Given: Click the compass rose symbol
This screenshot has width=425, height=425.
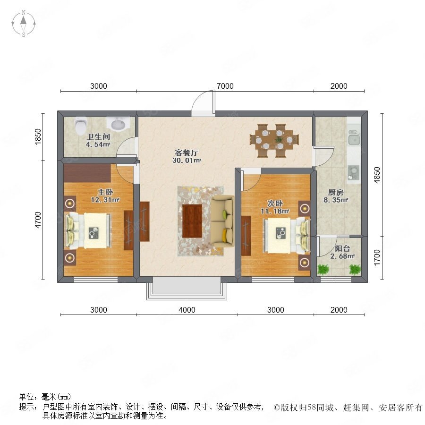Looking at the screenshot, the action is coord(24,23).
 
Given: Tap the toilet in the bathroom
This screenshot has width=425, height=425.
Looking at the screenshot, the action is coord(81,126).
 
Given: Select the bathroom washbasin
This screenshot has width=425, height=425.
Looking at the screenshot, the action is coord(117,124).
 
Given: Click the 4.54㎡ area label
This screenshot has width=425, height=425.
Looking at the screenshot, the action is coord(98,144).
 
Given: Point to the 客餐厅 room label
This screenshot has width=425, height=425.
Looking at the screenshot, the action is coord(187,153).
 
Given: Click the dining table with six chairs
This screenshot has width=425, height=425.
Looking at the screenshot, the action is coord(274,140).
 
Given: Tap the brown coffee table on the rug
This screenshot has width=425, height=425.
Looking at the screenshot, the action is coord(192,221).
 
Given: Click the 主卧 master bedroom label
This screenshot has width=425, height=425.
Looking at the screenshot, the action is coord(105,192).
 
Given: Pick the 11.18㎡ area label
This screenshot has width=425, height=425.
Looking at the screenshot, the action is coord(275,211).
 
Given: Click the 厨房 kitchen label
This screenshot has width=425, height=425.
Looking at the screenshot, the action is coord(336,193).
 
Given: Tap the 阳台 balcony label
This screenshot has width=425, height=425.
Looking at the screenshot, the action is coord(342,248).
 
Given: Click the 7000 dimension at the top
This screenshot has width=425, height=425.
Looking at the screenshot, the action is coord(225,86).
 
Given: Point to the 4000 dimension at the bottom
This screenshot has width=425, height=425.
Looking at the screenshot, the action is coord(187,310).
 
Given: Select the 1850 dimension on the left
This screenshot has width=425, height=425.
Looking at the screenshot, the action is coord(38,136).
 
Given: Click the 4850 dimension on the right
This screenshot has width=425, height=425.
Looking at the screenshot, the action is coord(377,175).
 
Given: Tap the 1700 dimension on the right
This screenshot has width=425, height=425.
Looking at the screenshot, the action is coord(377,257).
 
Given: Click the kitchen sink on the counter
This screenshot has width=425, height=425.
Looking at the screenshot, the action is coord(354,137).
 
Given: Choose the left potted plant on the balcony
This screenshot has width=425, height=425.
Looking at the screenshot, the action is coord(323,269).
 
